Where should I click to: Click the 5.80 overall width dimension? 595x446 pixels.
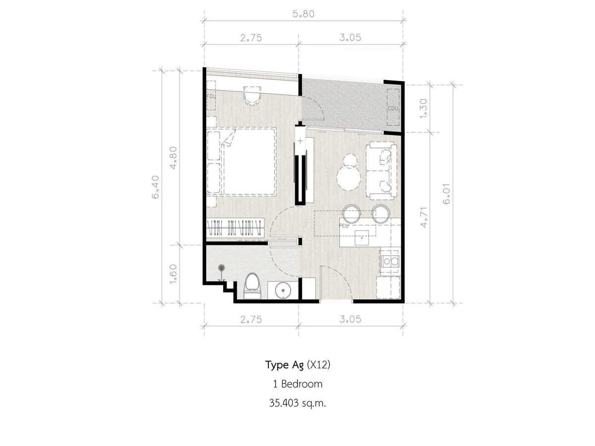(x=303, y=14)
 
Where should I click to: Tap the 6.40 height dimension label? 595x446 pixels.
(x=156, y=187)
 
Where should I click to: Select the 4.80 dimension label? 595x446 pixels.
(x=173, y=158)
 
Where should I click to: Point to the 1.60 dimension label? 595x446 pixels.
(x=173, y=274)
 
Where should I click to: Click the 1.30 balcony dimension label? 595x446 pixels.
(x=423, y=108)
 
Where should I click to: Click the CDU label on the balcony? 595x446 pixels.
(x=393, y=109)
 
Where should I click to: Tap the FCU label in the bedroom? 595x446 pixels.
(x=211, y=96)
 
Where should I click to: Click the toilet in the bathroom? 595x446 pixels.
(x=252, y=286)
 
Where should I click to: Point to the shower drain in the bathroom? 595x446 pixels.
(x=222, y=268)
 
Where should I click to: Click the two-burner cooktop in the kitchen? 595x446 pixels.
(x=390, y=261)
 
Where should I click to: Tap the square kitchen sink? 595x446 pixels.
(x=362, y=238)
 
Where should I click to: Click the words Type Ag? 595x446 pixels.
(x=285, y=365)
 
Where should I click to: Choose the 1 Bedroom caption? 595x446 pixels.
(x=297, y=384)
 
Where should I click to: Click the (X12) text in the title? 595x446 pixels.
(x=318, y=365)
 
